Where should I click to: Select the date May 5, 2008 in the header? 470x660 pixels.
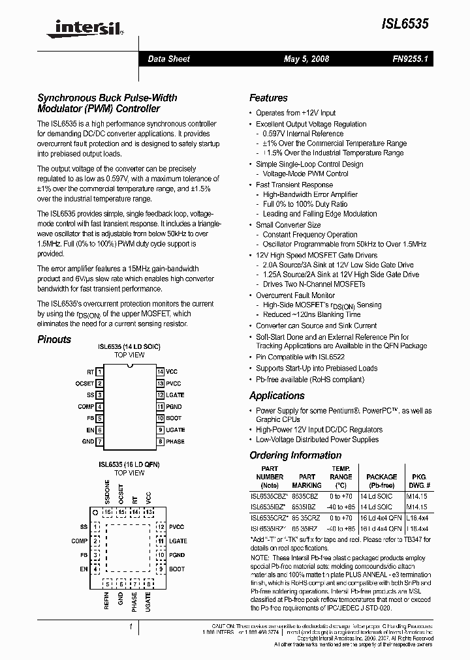pyautogui.click(x=306, y=59)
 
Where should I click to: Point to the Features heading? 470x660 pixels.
pyautogui.click(x=268, y=98)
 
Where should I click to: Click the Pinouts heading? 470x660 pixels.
pyautogui.click(x=54, y=339)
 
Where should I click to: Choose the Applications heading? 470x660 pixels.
pyautogui.click(x=277, y=396)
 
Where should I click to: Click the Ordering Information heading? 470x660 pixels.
pyautogui.click(x=296, y=455)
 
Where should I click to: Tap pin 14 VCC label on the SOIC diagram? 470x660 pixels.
pyautogui.click(x=172, y=371)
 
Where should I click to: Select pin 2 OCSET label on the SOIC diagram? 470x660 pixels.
pyautogui.click(x=85, y=383)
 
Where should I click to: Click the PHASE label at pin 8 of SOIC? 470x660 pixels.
pyautogui.click(x=175, y=442)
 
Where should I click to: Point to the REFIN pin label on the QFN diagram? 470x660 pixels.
pyautogui.click(x=107, y=600)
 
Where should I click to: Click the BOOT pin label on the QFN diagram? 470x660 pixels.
pyautogui.click(x=176, y=569)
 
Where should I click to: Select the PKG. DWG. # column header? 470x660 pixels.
pyautogui.click(x=419, y=477)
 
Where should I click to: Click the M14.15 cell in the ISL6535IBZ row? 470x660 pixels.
pyautogui.click(x=418, y=506)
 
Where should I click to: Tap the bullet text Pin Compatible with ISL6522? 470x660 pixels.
pyautogui.click(x=300, y=357)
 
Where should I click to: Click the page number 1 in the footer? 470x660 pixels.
pyautogui.click(x=131, y=627)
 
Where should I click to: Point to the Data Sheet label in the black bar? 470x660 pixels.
pyautogui.click(x=168, y=59)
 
